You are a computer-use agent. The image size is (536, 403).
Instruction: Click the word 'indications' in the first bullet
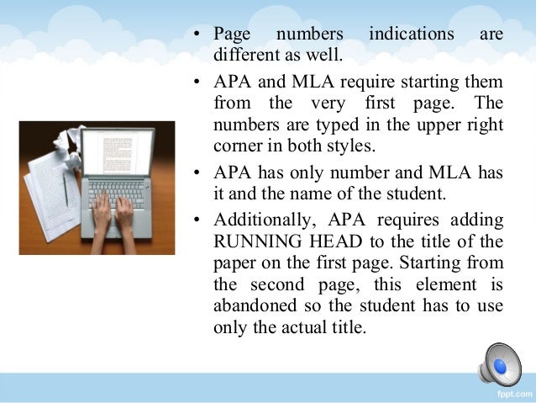[x=409, y=35]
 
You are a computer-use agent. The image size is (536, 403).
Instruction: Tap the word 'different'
[x=244, y=56]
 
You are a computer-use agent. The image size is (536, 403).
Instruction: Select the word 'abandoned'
[x=255, y=305]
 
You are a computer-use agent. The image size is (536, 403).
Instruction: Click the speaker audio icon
[x=500, y=364]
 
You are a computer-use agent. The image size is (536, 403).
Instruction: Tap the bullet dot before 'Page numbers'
[x=196, y=36]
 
